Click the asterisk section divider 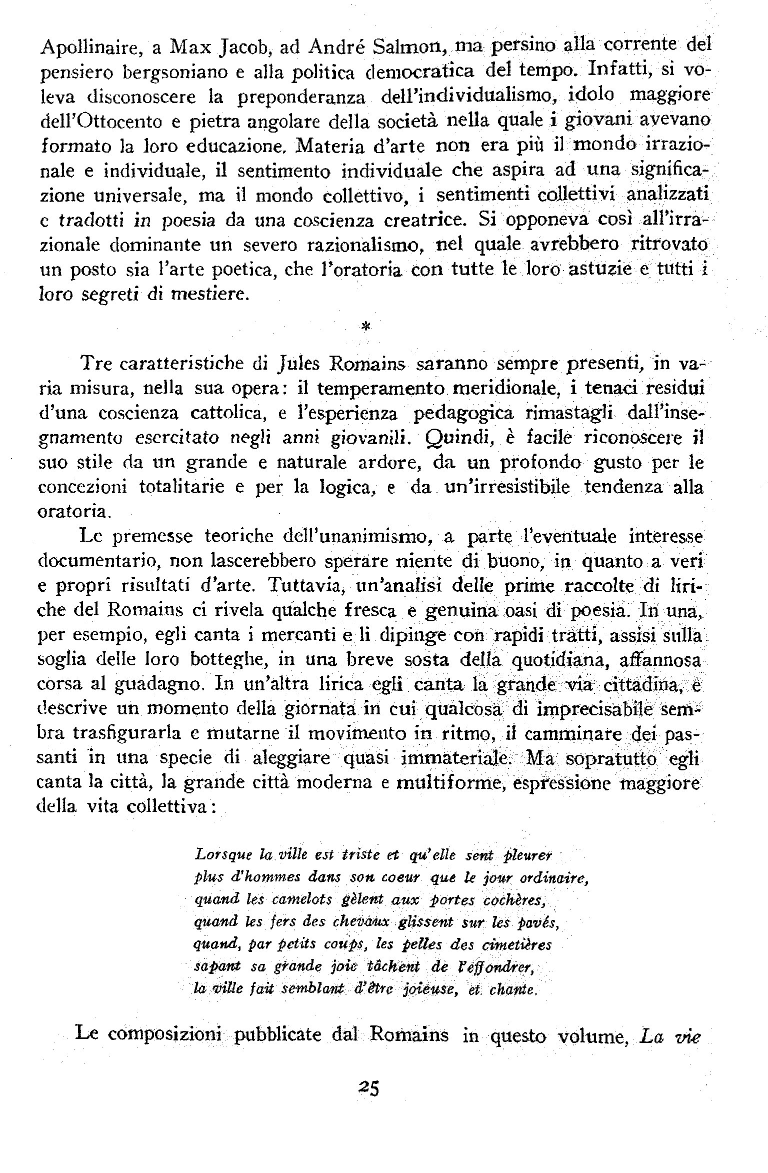click(x=365, y=326)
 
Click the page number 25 click(x=369, y=1087)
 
